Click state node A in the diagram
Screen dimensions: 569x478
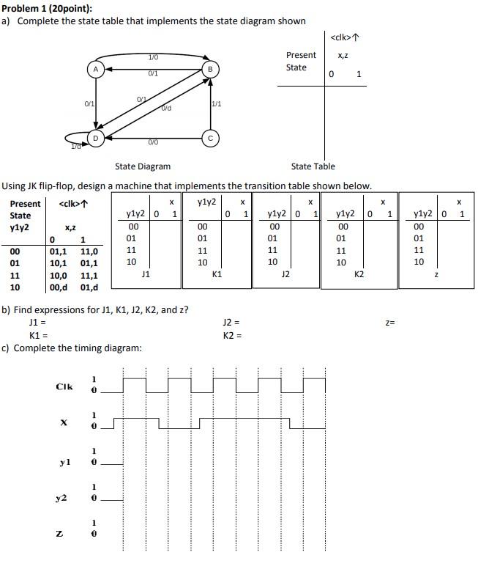pyautogui.click(x=95, y=69)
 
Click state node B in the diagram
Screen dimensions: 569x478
pyautogui.click(x=211, y=69)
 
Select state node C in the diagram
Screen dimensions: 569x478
pyautogui.click(x=211, y=136)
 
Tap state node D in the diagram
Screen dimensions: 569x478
pyautogui.click(x=95, y=137)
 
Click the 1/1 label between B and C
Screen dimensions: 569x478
pyautogui.click(x=217, y=104)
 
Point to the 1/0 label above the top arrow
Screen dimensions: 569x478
pyautogui.click(x=153, y=57)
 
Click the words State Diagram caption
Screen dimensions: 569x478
pyautogui.click(x=143, y=166)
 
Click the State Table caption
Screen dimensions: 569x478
pyautogui.click(x=313, y=166)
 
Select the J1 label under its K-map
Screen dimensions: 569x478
pyautogui.click(x=146, y=274)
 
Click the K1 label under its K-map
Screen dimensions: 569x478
pyautogui.click(x=217, y=274)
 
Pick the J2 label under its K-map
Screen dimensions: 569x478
pyautogui.click(x=286, y=274)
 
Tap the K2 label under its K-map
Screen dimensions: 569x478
pyautogui.click(x=359, y=274)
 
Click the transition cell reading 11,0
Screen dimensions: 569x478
pyautogui.click(x=89, y=252)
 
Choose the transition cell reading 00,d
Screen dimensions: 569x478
pyautogui.click(x=59, y=287)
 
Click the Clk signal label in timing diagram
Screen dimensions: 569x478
pyautogui.click(x=64, y=386)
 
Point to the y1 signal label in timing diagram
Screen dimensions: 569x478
pyautogui.click(x=64, y=462)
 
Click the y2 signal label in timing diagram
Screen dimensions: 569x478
pyautogui.click(x=63, y=499)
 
